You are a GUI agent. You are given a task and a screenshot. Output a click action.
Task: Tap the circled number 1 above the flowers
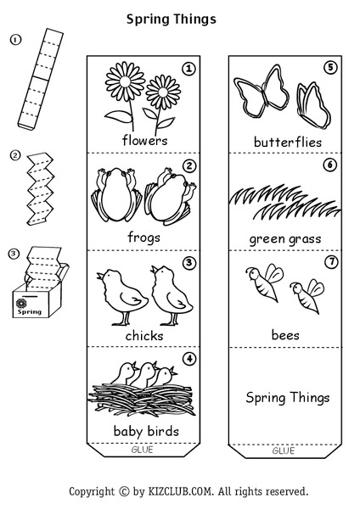click(188, 68)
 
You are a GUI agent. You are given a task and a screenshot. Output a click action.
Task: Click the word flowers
click(144, 140)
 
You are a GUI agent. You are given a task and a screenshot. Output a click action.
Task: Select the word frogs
click(144, 238)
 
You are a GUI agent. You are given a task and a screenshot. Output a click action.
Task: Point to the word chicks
click(144, 336)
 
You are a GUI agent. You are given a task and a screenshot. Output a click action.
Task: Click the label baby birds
click(146, 431)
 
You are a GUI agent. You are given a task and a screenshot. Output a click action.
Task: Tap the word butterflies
click(287, 142)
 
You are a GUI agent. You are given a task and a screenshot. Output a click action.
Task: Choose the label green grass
click(285, 238)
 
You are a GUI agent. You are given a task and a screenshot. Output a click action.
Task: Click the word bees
click(285, 335)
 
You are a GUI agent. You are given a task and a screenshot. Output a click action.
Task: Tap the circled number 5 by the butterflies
click(329, 68)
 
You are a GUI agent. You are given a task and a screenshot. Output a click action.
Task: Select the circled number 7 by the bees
click(329, 261)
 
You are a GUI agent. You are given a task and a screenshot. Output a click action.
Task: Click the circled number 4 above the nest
click(188, 358)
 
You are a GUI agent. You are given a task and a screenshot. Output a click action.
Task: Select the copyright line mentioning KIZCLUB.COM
click(188, 490)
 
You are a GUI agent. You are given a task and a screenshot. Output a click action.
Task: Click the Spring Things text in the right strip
click(287, 397)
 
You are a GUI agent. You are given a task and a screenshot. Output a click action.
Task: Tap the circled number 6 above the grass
click(329, 165)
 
